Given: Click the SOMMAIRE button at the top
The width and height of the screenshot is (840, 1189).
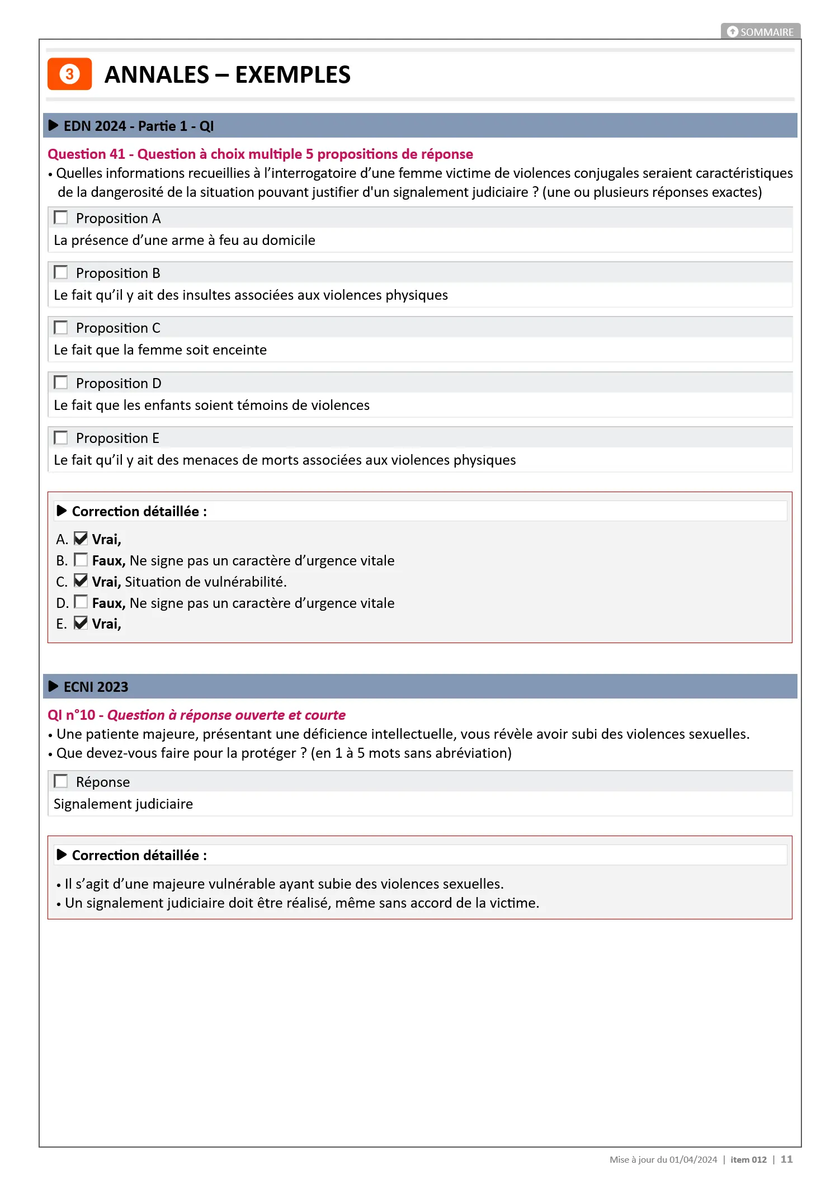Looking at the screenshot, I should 761,32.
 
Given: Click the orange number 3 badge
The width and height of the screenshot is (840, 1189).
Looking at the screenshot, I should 69,74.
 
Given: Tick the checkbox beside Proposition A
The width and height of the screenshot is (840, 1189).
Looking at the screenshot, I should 61,218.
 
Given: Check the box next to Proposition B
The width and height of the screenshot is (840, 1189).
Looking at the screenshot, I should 61,272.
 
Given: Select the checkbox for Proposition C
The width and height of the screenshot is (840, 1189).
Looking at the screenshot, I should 61,327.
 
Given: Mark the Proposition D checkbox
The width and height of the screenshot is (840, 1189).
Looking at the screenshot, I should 61,383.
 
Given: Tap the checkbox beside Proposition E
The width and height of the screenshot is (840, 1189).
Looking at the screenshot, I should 61,437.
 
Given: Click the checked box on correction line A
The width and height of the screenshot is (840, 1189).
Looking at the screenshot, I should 81,539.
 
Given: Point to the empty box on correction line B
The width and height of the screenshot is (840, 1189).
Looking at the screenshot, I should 81,560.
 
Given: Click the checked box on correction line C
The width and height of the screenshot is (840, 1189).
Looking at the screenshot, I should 81,581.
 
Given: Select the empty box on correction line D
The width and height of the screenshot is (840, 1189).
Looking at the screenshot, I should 81,602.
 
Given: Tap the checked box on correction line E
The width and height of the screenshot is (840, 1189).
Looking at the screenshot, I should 81,623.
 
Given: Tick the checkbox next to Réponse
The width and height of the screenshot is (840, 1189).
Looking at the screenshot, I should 61,781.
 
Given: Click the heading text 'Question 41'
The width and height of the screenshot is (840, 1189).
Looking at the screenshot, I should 86,154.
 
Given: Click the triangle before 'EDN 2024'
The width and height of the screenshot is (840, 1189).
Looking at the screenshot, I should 54,125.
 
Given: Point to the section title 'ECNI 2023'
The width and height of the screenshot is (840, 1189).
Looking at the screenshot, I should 96,687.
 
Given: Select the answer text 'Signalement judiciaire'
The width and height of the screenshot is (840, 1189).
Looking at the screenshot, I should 123,804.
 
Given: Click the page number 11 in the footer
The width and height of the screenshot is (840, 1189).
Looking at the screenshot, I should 786,1159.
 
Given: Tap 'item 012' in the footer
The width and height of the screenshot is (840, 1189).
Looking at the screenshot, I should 748,1160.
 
